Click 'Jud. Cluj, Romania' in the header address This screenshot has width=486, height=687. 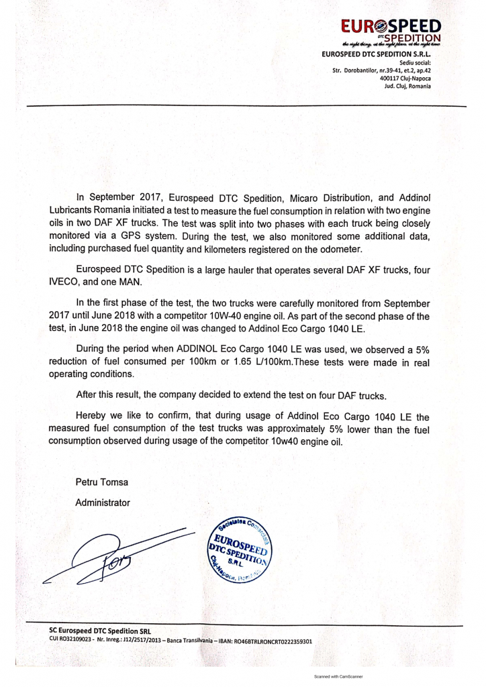point(405,86)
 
